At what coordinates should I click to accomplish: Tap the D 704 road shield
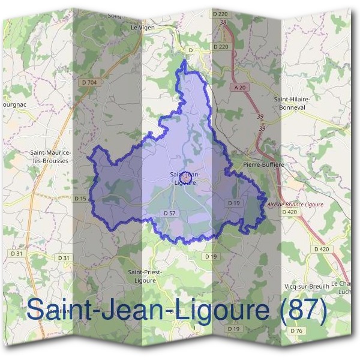[88, 82]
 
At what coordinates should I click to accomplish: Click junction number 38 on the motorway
[223, 23]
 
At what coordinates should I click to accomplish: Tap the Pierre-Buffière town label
[263, 163]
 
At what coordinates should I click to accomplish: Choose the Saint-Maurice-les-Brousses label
[50, 157]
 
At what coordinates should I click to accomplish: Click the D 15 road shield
[80, 198]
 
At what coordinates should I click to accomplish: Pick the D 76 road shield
[296, 331]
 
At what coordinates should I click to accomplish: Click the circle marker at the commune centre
[186, 178]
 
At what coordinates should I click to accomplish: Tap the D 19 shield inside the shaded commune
[234, 203]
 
